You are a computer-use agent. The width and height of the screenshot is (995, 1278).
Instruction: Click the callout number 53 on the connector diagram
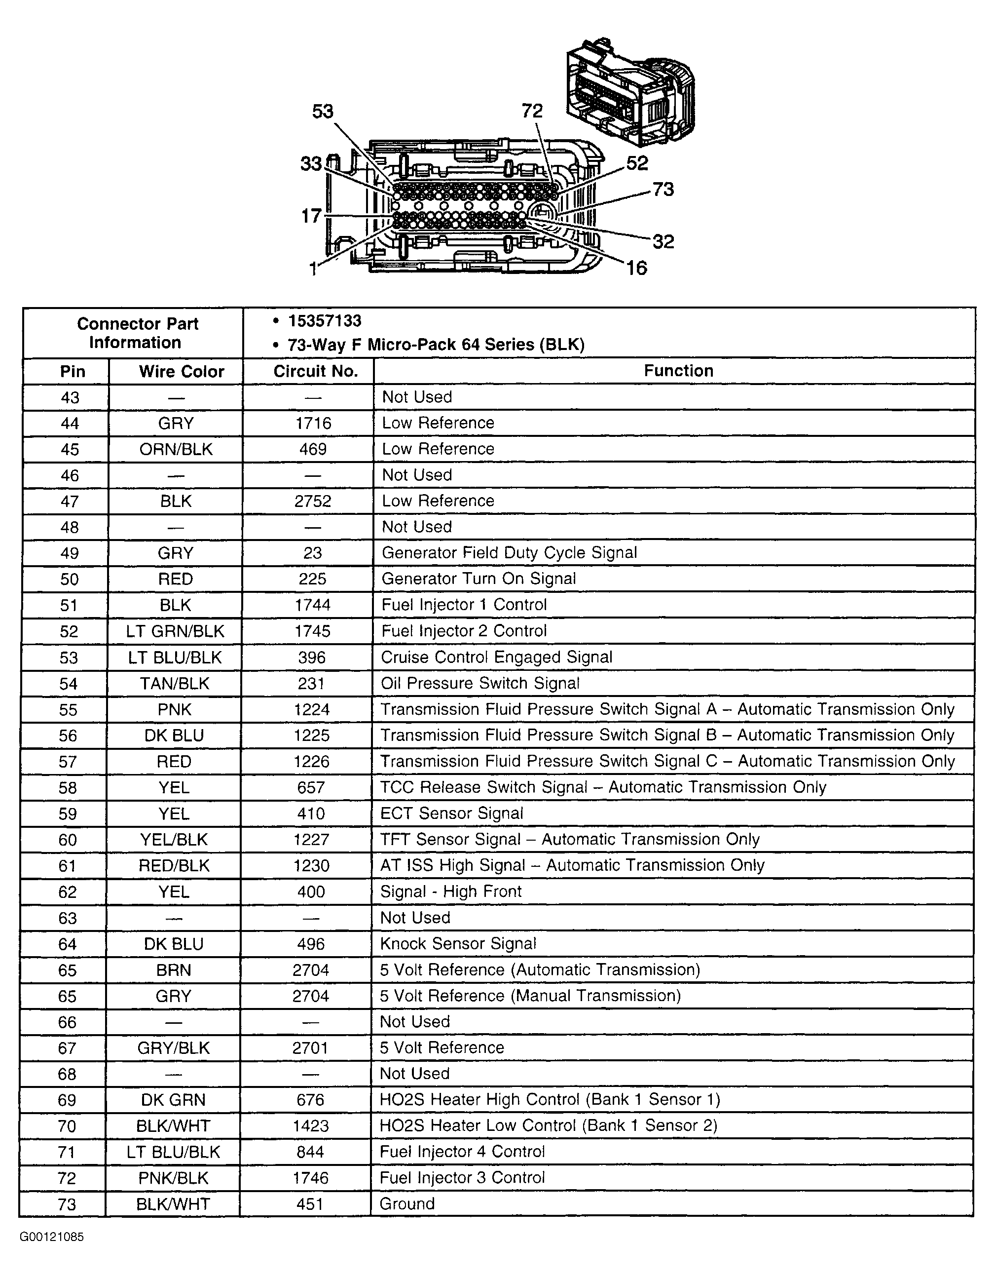point(322,111)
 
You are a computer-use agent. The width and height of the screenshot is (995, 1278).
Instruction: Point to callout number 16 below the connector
point(636,268)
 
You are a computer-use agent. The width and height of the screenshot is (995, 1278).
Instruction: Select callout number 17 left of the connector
point(311,216)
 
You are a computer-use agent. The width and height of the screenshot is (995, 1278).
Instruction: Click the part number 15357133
point(325,321)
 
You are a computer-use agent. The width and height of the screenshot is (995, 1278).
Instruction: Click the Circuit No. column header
point(315,371)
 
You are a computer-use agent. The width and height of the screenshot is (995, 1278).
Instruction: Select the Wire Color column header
point(182,371)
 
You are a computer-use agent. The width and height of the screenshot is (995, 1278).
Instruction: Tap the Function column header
point(678,370)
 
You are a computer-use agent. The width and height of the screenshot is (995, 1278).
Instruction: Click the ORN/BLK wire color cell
point(176,449)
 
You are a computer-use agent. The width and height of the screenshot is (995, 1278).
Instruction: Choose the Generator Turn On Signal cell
point(479,579)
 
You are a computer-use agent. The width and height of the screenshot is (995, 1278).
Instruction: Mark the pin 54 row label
point(69,684)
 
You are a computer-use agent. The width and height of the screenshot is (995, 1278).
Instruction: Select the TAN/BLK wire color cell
point(174,684)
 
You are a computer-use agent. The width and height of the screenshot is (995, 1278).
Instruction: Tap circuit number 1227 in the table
point(312,840)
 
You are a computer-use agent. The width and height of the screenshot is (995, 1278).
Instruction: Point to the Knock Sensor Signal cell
point(458,943)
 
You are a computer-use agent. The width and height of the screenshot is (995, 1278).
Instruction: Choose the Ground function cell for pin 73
point(407,1203)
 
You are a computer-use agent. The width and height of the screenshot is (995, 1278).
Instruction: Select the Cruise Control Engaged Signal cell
point(496,657)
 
